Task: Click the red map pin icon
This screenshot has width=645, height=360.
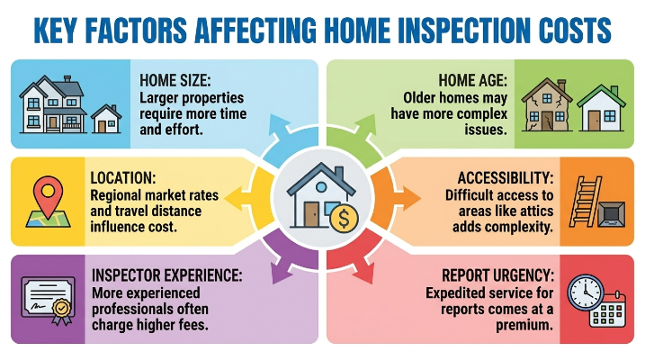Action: tap(49, 196)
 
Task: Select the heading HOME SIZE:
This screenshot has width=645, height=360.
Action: tap(175, 80)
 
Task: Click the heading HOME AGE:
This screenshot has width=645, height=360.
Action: tap(473, 80)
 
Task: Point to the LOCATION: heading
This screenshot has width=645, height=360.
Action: tap(123, 178)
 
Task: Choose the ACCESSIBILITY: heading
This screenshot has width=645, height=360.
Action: tap(506, 178)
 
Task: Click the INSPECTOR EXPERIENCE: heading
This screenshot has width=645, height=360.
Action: tap(167, 275)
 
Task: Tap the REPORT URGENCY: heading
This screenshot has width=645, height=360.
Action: tap(497, 275)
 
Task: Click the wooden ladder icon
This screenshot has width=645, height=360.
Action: tap(586, 202)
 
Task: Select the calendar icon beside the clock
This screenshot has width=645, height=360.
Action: tap(607, 310)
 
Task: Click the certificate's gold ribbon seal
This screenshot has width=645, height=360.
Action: tap(62, 309)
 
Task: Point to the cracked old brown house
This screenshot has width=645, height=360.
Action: tap(547, 105)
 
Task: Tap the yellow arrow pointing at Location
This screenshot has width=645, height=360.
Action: tap(237, 197)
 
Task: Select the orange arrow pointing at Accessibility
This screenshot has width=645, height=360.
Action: tap(408, 197)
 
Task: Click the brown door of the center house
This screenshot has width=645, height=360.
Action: tap(311, 214)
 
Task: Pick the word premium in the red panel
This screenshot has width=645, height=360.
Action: tap(524, 326)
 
